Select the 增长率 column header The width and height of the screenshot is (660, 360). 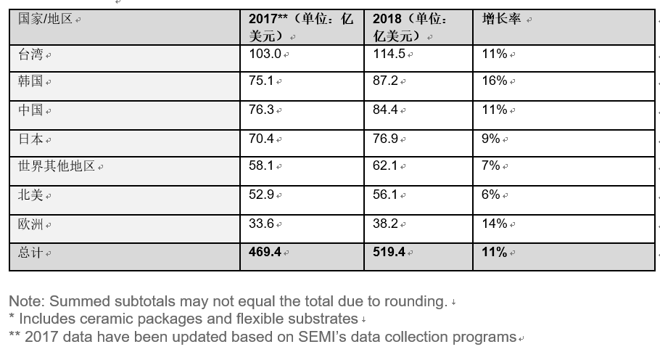tap(502, 19)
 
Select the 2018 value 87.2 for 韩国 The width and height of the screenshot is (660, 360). tap(385, 81)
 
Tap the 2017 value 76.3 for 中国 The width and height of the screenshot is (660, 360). tap(261, 110)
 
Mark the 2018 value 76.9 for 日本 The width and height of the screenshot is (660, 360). tap(385, 139)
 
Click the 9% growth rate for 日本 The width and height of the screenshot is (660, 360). tap(491, 139)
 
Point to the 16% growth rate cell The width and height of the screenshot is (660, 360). tap(495, 81)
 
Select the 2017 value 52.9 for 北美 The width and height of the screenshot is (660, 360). tap(261, 195)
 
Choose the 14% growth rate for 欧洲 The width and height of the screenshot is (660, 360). tap(495, 224)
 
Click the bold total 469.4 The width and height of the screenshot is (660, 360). tap(265, 252)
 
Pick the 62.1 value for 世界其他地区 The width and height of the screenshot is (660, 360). tap(385, 166)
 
